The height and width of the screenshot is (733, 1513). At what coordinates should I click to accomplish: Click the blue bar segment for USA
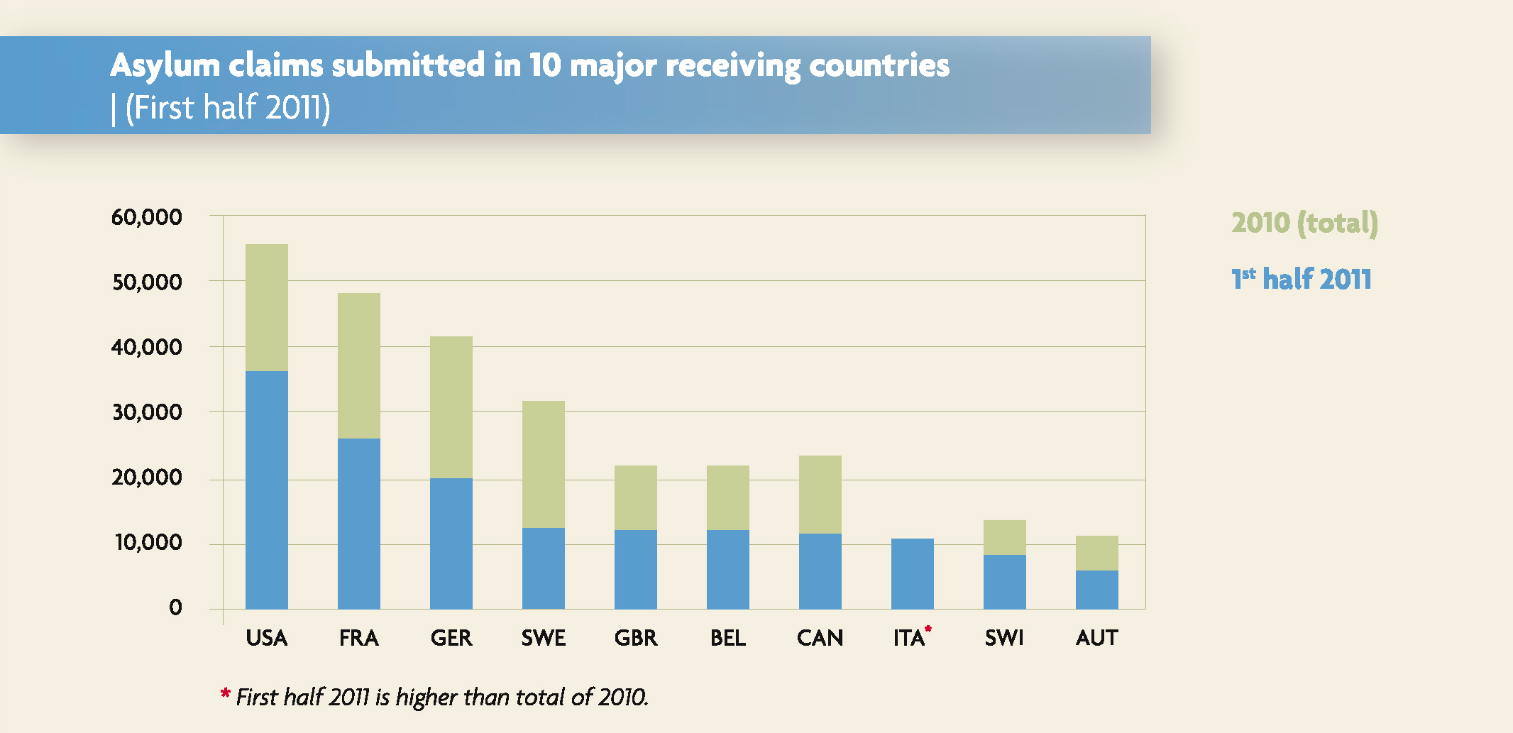[267, 490]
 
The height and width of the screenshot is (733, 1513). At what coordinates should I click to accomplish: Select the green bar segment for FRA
[359, 365]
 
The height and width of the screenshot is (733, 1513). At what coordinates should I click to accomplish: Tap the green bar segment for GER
[451, 407]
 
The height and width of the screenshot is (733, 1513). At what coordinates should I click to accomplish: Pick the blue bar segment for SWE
[544, 568]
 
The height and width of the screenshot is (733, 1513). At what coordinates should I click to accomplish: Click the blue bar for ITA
[913, 573]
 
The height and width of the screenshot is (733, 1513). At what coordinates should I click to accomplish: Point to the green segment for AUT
[1097, 553]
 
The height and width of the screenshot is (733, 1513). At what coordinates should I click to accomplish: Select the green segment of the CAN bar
[820, 495]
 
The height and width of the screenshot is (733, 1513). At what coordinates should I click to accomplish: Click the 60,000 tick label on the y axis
[147, 217]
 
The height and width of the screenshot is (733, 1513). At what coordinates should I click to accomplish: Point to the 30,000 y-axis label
[147, 412]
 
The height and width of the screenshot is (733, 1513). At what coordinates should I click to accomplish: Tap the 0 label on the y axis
[175, 607]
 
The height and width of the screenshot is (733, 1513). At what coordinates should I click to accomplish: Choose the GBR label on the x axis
[636, 638]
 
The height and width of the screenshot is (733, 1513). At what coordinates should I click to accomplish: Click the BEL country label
[728, 638]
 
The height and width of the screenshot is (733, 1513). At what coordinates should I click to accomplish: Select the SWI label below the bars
[1004, 638]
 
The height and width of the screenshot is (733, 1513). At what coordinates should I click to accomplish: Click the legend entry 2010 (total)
[1304, 223]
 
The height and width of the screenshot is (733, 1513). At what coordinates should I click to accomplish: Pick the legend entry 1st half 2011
[1301, 279]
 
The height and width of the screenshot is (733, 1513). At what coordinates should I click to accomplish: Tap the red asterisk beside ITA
[928, 629]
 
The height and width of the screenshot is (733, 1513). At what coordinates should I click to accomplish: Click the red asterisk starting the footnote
[225, 693]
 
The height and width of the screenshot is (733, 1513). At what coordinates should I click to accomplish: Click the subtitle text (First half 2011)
[228, 108]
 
